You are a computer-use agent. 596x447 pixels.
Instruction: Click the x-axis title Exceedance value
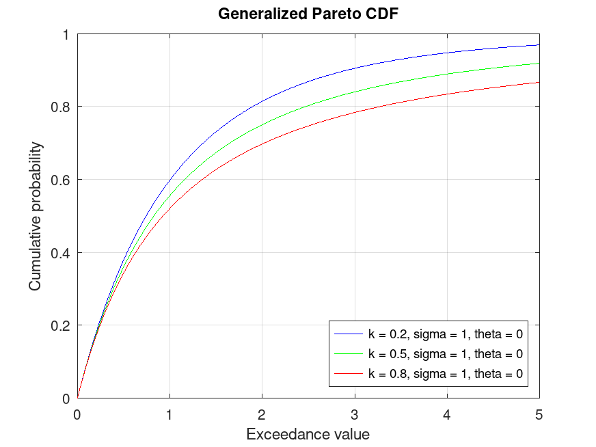click(x=308, y=434)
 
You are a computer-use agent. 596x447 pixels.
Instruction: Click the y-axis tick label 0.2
click(x=62, y=325)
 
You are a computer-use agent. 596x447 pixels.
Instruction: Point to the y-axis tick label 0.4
click(x=62, y=253)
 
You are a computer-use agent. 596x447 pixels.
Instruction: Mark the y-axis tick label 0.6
click(x=62, y=180)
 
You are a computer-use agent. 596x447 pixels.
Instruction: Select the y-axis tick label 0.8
click(x=62, y=107)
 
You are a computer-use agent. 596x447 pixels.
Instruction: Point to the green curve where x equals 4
click(x=447, y=74)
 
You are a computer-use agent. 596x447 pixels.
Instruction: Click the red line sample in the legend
click(x=348, y=374)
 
